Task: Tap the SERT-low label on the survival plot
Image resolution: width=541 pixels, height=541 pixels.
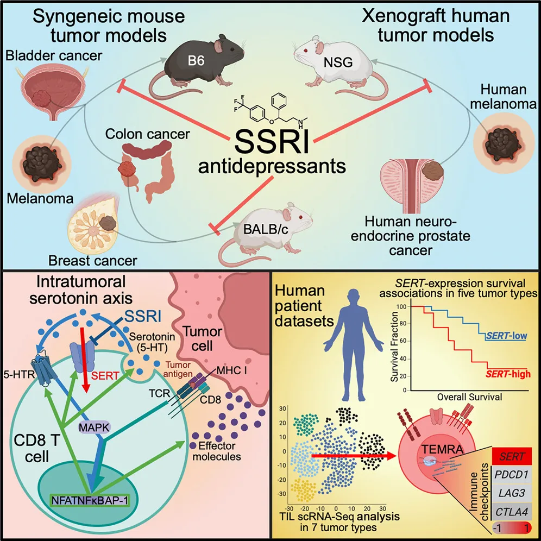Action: pos(506,336)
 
